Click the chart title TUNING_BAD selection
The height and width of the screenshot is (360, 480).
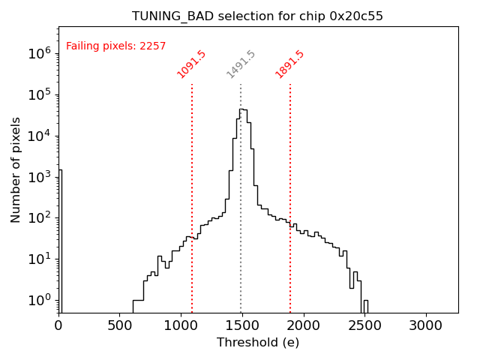pos(257,16)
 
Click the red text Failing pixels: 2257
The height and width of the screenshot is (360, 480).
pos(115,46)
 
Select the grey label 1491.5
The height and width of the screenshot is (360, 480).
pos(241,64)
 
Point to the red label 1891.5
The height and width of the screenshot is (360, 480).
pos(289,64)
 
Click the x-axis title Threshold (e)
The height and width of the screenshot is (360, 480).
pos(258,343)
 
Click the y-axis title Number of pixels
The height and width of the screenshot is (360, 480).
pos(16,170)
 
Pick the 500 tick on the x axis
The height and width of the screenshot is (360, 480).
pos(120,326)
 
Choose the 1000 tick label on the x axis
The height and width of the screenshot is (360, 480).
pos(181,326)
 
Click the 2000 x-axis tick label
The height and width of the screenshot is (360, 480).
pos(304,326)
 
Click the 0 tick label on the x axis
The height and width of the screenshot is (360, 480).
pos(58,326)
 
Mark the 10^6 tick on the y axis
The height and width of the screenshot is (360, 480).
pos(39,53)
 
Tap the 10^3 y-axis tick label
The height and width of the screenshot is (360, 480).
pos(39,177)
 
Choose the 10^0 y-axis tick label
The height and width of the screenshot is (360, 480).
pos(39,300)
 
